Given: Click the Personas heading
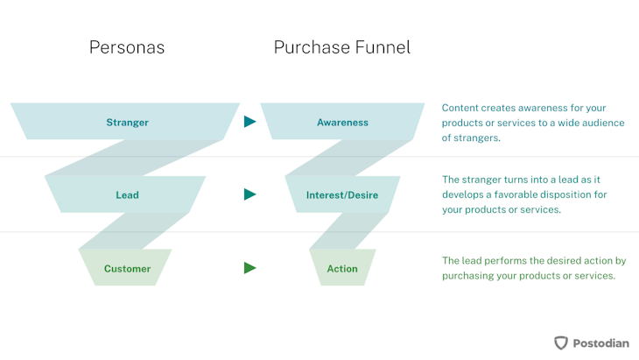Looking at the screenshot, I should (x=127, y=47).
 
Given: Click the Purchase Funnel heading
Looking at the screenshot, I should (x=342, y=47).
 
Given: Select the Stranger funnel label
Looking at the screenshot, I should (x=127, y=123).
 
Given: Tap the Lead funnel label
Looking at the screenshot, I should (x=127, y=195).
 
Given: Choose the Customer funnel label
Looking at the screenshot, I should (x=127, y=269).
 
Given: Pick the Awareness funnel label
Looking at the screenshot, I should (x=342, y=123).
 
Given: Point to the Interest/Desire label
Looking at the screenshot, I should (x=342, y=195).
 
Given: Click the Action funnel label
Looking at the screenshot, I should (x=342, y=269).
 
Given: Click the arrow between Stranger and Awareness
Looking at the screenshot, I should (x=250, y=123).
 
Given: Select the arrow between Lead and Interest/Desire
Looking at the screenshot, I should (x=250, y=194).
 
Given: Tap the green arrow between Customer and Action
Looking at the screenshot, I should (x=250, y=268).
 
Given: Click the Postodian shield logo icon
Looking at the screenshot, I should (x=561, y=342).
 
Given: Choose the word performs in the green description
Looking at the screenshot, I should (x=508, y=261).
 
